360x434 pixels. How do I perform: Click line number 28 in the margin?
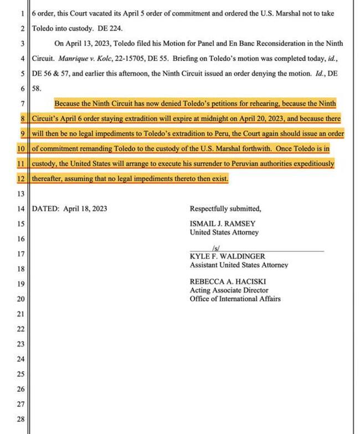[x=20, y=419]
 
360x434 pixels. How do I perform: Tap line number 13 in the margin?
[x=20, y=194]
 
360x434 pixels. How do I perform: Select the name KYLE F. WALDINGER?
[x=227, y=256]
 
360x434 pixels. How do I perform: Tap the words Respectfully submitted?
[x=225, y=209]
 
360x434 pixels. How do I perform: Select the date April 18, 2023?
[x=85, y=209]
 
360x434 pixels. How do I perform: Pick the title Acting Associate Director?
[x=229, y=290]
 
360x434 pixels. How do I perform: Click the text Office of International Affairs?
[x=235, y=299]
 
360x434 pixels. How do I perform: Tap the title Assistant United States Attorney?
[x=239, y=265]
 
